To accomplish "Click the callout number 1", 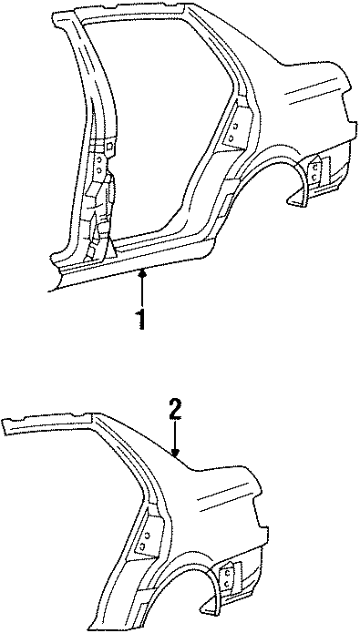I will [139, 320].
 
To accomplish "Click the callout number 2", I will [176, 410].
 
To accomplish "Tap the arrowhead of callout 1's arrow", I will [140, 271].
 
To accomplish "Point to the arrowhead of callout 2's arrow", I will [177, 453].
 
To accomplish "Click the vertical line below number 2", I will [177, 435].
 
